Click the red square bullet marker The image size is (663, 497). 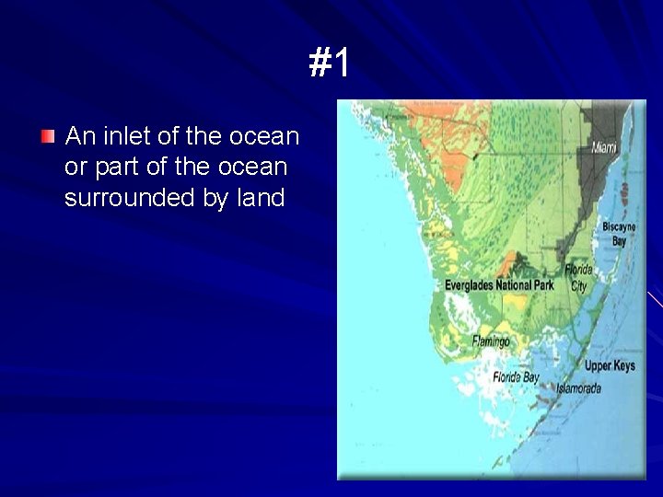tap(48, 137)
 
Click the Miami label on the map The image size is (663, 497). tap(604, 147)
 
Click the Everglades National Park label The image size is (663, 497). tap(499, 285)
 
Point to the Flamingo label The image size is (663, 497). tap(491, 341)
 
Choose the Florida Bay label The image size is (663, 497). tap(517, 377)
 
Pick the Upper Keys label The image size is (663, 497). tap(610, 366)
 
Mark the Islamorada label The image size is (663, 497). tap(578, 388)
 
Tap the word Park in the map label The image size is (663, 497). tap(542, 285)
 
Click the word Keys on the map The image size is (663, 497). tap(623, 366)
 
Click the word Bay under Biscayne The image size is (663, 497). tap(619, 241)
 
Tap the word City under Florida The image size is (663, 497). tap(578, 286)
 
